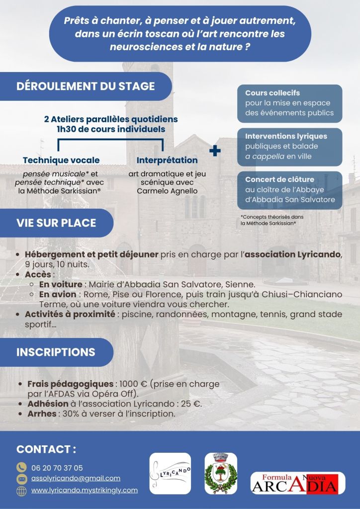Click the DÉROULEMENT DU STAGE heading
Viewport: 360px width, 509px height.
coord(86,86)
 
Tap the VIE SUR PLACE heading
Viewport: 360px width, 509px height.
coord(56,223)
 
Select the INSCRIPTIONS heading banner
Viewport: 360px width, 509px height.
coord(56,352)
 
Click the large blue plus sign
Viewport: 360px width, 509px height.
coord(215,151)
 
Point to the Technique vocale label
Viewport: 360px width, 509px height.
coord(61,160)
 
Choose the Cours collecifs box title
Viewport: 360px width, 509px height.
coord(272,93)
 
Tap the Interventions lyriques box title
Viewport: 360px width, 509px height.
coord(286,136)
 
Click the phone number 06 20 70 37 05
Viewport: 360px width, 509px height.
coord(57,468)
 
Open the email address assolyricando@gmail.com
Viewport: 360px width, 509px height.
coord(76,478)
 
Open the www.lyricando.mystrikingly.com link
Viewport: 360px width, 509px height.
coord(84,490)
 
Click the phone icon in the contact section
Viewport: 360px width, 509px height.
coord(21,467)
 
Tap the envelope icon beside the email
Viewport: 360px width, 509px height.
coord(21,479)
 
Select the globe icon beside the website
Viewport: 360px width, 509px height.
coord(21,491)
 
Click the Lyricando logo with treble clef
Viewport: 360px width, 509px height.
coord(170,474)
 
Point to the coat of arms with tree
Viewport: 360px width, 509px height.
coord(221,474)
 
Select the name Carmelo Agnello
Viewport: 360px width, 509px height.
coord(160,191)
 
